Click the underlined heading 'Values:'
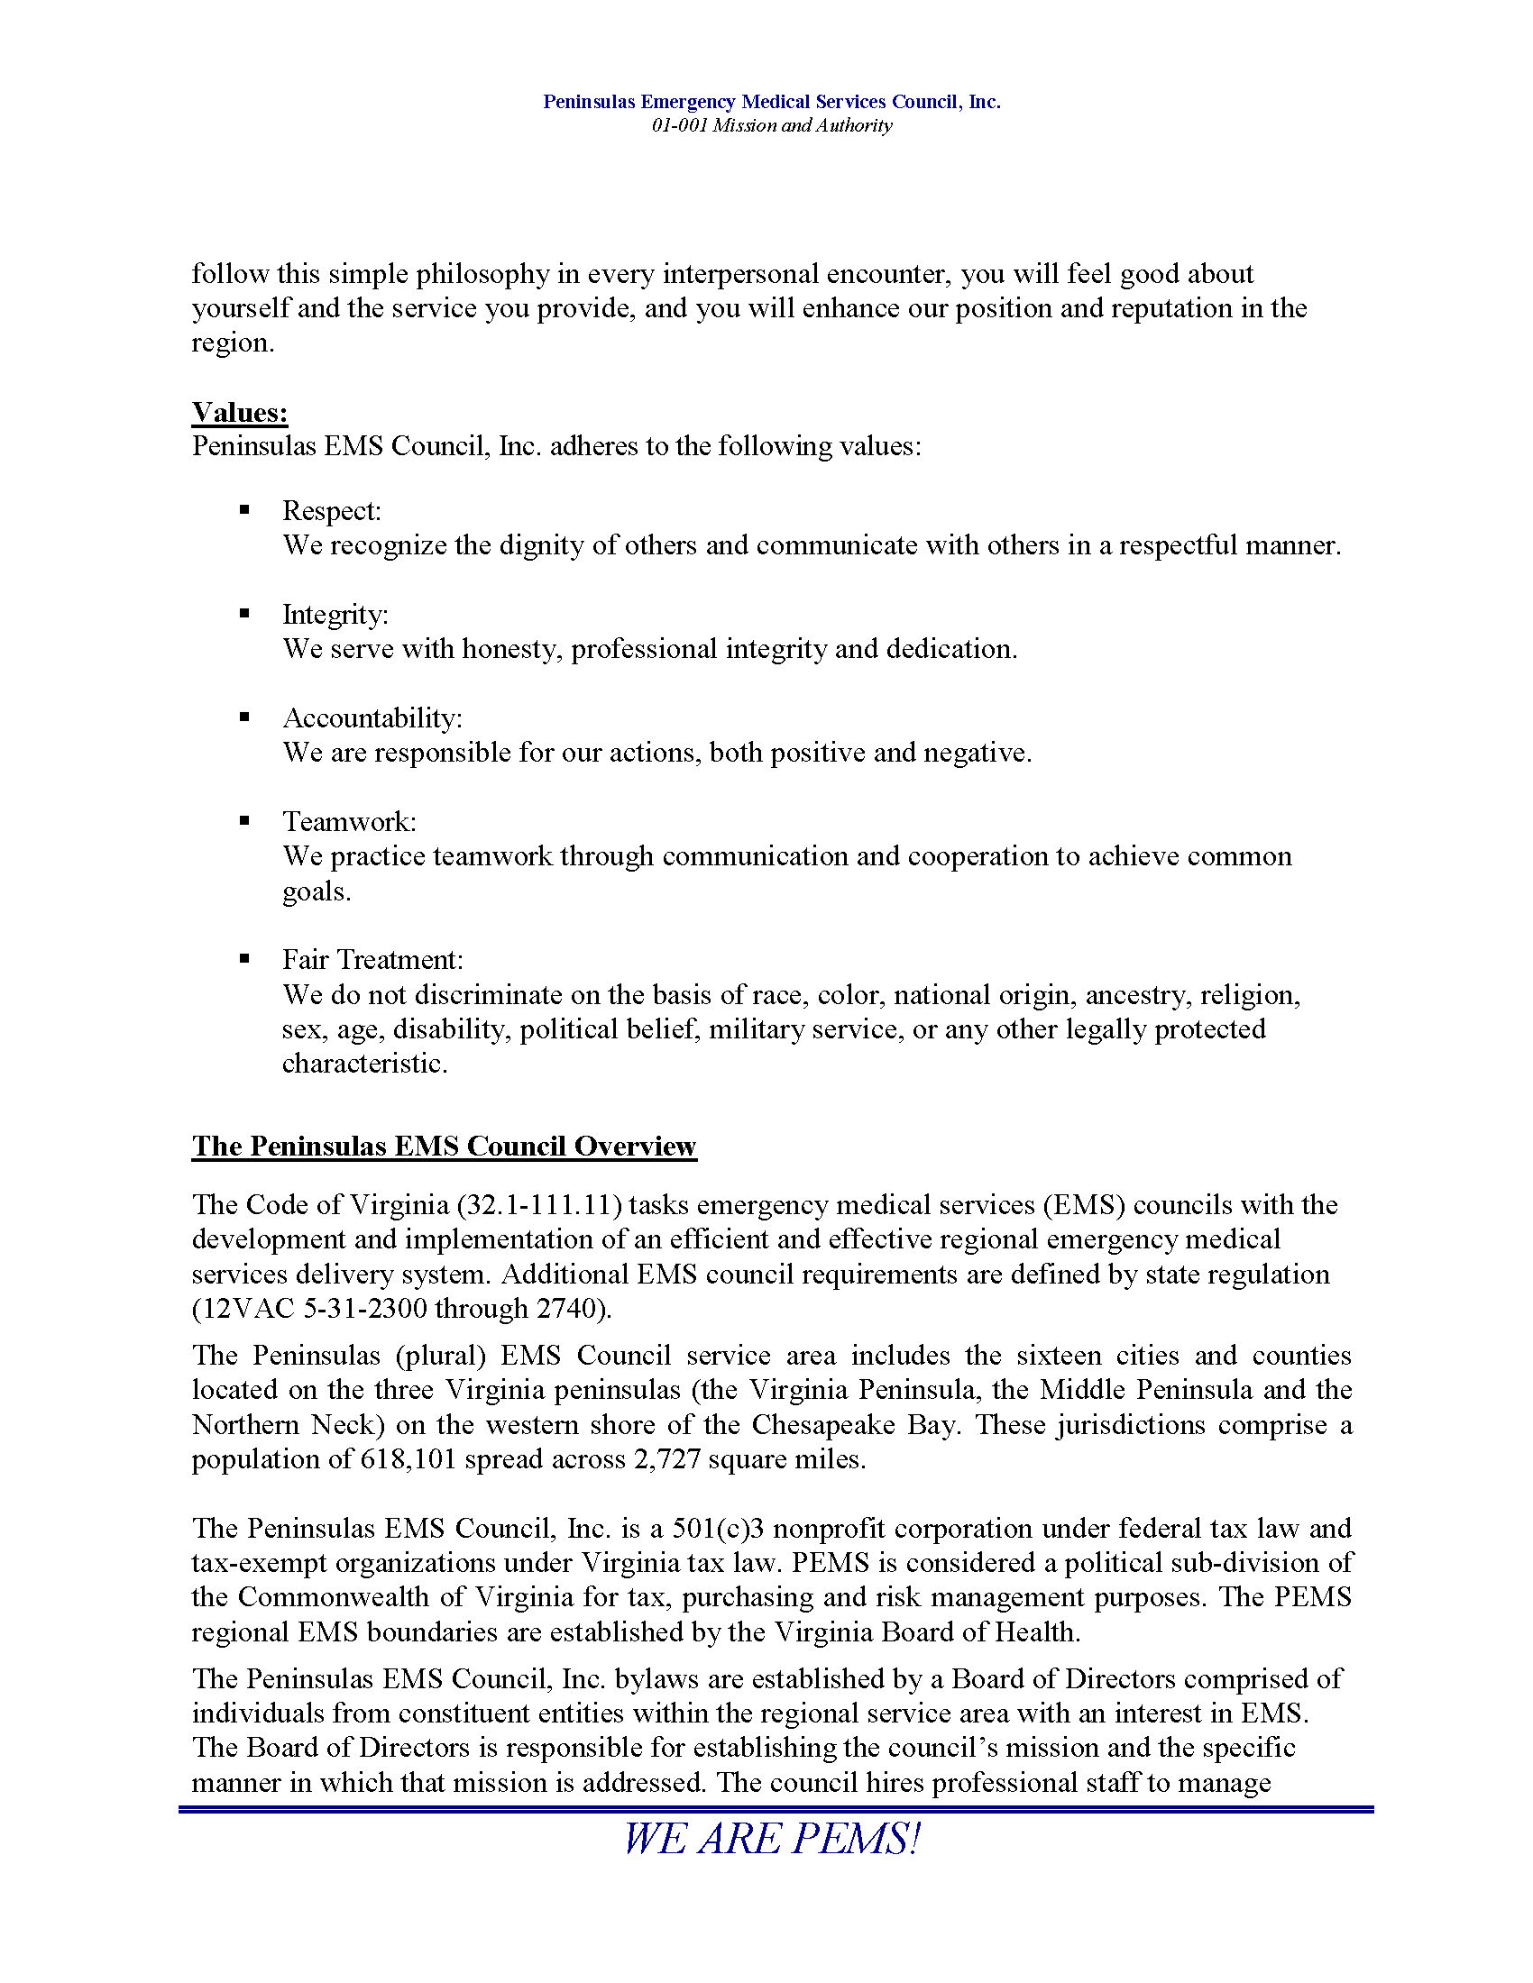(240, 412)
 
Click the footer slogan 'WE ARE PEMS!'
(771, 1840)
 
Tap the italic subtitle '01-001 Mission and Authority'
(771, 125)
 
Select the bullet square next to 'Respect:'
(243, 509)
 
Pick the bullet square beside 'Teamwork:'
(243, 821)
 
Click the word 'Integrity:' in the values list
(335, 615)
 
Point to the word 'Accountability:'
(372, 718)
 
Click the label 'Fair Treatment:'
(372, 960)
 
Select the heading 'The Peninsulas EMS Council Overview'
(444, 1146)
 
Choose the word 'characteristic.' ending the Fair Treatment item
(365, 1064)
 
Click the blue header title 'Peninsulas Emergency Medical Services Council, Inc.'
(771, 102)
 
